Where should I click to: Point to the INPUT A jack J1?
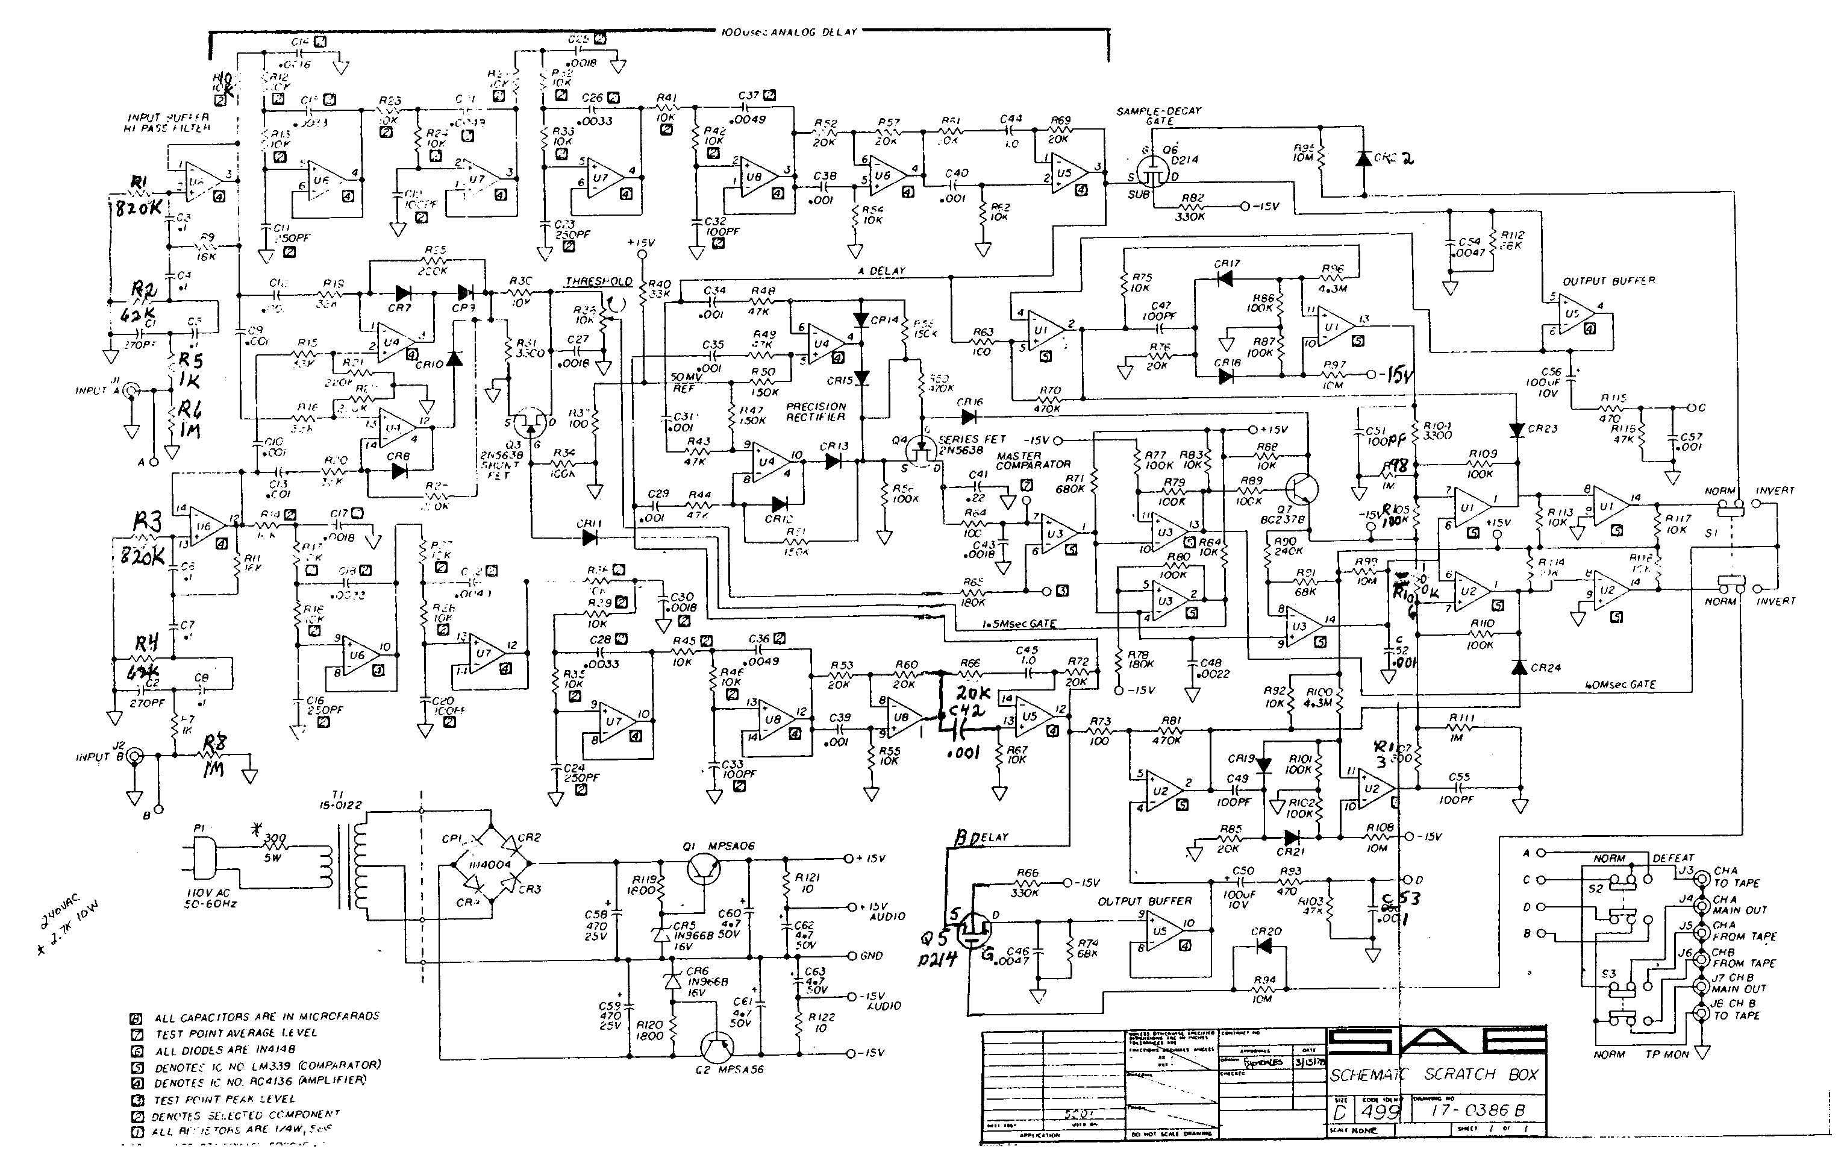click(132, 391)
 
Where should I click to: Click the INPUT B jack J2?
click(135, 757)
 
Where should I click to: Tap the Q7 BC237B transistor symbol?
click(1302, 489)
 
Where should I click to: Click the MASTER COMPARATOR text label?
click(1033, 460)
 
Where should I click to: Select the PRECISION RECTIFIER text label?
click(815, 412)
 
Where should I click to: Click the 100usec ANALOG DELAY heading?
click(789, 32)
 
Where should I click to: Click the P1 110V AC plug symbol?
click(203, 860)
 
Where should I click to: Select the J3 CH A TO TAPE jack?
click(1701, 877)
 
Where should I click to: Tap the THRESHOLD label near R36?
click(598, 282)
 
